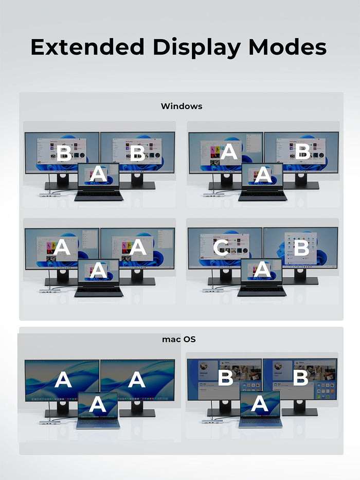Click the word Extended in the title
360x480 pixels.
click(x=87, y=47)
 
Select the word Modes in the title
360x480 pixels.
click(x=287, y=47)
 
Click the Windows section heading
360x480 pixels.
click(x=182, y=106)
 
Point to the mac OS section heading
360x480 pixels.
click(x=179, y=339)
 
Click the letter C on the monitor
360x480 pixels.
click(x=221, y=247)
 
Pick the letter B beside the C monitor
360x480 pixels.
click(x=301, y=247)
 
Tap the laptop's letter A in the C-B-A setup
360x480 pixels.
click(x=262, y=270)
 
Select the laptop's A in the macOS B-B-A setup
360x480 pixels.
click(x=260, y=403)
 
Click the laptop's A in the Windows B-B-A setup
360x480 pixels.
click(x=98, y=174)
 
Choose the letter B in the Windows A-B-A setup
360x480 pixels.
click(x=303, y=151)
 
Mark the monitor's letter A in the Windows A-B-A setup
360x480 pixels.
click(x=229, y=152)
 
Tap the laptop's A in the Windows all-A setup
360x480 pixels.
click(x=98, y=270)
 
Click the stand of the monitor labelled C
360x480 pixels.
click(x=225, y=277)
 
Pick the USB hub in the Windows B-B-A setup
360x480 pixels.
click(x=47, y=194)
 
